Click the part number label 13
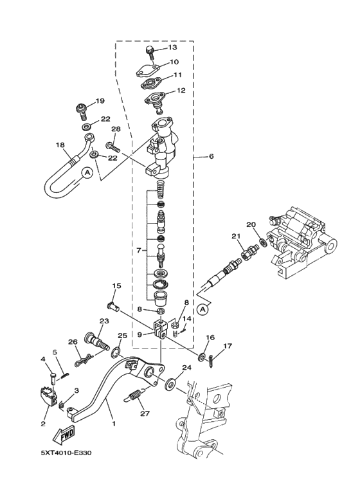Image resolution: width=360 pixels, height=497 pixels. (x=172, y=48)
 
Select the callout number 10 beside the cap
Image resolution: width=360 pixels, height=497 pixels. (x=174, y=62)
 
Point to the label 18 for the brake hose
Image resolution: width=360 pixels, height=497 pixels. (x=60, y=145)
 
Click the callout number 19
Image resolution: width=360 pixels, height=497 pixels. (x=100, y=101)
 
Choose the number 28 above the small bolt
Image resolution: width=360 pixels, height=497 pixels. (x=116, y=129)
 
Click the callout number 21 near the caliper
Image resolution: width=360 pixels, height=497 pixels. (x=235, y=236)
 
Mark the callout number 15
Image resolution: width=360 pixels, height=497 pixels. (x=117, y=285)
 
